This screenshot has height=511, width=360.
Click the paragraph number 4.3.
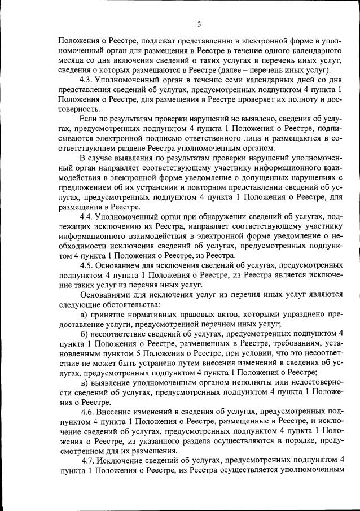coord(87,80)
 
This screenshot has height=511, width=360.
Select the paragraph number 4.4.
coord(87,216)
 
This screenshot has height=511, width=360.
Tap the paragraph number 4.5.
coord(87,264)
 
